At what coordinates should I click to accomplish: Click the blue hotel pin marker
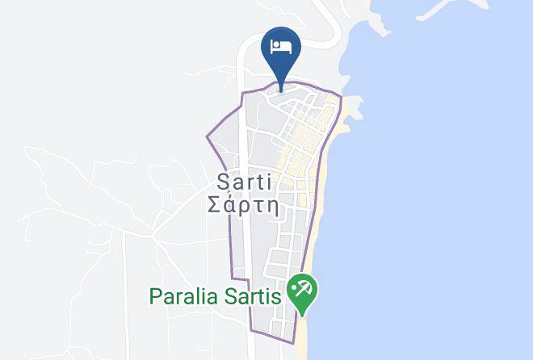coord(282,50)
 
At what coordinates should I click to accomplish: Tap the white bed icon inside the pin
coord(282,45)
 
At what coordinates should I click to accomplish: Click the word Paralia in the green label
coord(182,296)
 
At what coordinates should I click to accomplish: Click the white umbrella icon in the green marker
coord(304,290)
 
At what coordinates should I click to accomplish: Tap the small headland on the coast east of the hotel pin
coord(354,105)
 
